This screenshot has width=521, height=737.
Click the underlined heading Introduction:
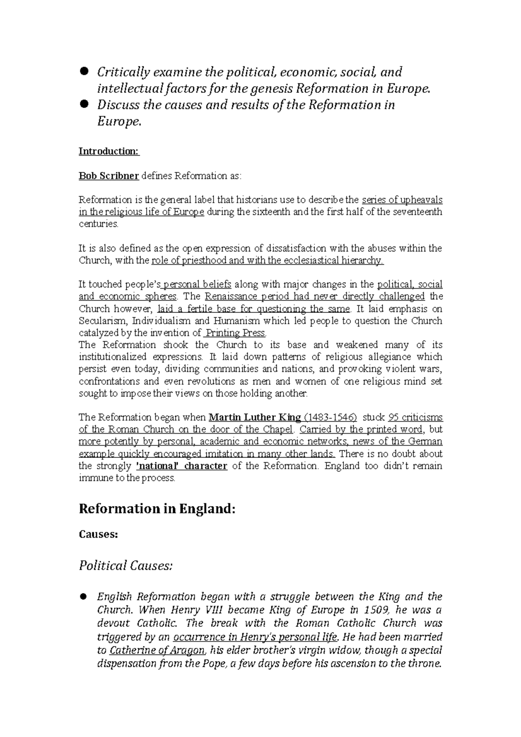[x=109, y=151]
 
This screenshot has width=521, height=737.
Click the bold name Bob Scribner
[x=109, y=176]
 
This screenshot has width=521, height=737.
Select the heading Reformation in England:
[x=157, y=508]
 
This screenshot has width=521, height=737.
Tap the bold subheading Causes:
[x=98, y=534]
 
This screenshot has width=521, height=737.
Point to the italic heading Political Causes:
[x=125, y=566]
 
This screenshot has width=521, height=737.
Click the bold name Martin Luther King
[x=255, y=418]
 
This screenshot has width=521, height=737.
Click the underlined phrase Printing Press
[x=234, y=333]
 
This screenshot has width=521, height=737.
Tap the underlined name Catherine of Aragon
[x=157, y=650]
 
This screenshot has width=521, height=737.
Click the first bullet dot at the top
[x=84, y=71]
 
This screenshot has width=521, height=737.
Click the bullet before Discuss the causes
[x=84, y=104]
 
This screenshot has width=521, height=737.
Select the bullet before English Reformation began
[x=84, y=596]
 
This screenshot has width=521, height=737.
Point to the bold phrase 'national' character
[x=181, y=466]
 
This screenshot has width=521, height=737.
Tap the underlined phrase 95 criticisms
[x=415, y=418]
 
